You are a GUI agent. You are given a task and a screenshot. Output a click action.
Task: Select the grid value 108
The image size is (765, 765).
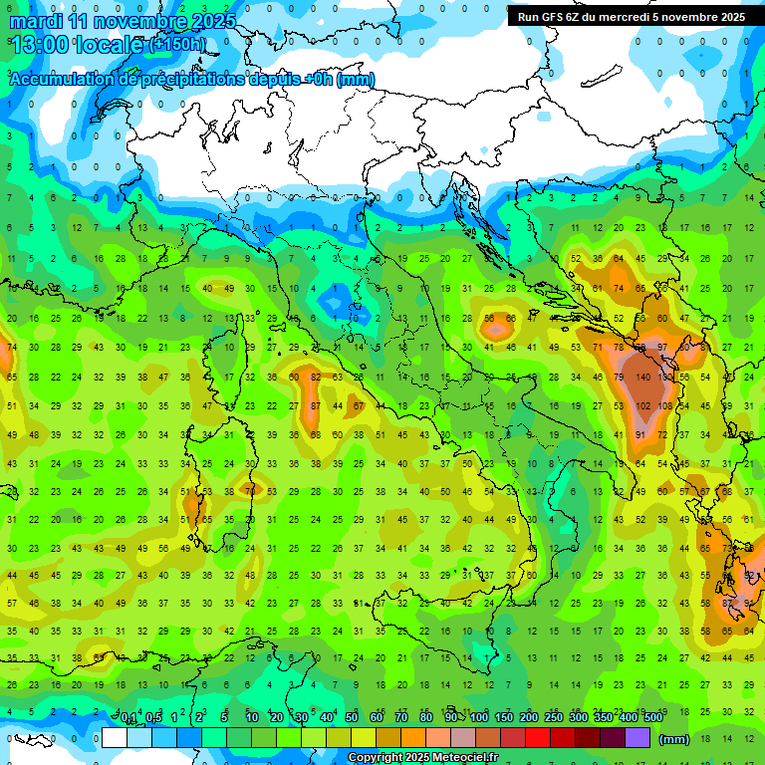tap(665, 406)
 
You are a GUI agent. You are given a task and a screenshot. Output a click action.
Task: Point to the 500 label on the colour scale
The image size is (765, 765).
tap(652, 718)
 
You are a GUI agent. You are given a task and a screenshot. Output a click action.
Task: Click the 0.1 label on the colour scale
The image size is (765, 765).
tap(128, 718)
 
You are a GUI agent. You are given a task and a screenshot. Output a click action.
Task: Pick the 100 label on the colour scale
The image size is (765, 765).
tap(478, 718)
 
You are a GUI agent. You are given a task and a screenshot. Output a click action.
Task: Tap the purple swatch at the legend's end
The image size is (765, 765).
tap(637, 737)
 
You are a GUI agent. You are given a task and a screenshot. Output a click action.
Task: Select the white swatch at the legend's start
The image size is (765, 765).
tap(115, 737)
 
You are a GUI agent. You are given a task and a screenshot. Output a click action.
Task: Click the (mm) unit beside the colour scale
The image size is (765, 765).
tap(674, 739)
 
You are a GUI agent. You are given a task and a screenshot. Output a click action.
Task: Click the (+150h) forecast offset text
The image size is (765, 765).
tap(177, 44)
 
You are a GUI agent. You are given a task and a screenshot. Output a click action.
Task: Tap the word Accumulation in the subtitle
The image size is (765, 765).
tap(62, 80)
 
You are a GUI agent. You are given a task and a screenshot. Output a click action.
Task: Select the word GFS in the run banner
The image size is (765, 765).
tap(554, 17)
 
